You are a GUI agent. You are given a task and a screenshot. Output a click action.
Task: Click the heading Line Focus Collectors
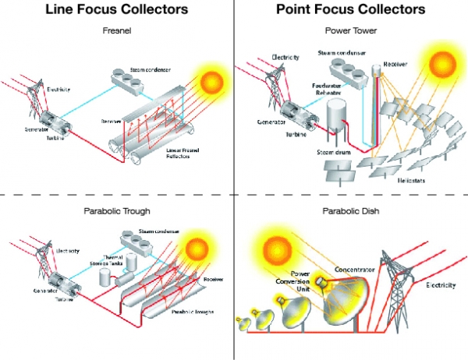(116, 10)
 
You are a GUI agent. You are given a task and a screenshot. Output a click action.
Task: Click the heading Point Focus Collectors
(351, 10)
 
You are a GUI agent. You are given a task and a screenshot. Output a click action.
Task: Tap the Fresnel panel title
(116, 32)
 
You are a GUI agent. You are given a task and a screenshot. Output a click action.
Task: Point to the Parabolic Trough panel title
(116, 211)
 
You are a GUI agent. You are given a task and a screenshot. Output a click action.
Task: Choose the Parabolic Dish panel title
(351, 211)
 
